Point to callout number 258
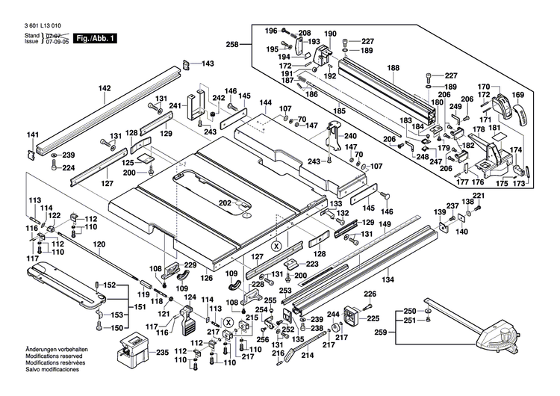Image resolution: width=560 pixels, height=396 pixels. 232,45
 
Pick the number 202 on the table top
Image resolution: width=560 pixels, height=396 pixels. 224,202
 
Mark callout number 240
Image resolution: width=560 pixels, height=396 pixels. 349,137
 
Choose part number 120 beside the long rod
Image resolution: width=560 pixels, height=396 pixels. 99,244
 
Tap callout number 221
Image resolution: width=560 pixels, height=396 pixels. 479,197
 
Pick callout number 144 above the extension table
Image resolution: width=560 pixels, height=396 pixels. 265,102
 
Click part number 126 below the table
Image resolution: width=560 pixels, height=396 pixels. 207,278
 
